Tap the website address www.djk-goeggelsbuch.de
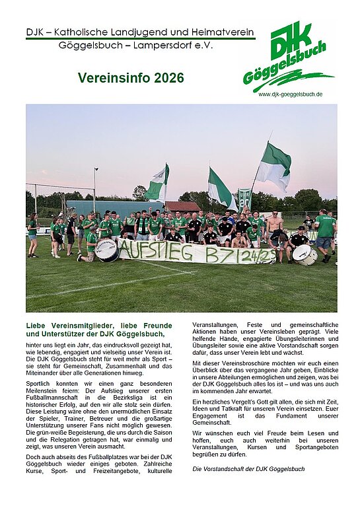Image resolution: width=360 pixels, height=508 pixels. [290, 94]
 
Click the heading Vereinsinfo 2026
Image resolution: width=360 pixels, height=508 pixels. [131, 77]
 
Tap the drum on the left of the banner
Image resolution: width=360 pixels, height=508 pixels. [106, 250]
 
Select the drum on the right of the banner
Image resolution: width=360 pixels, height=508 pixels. [305, 254]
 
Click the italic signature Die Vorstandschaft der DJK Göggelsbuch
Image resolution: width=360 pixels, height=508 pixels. [248, 468]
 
